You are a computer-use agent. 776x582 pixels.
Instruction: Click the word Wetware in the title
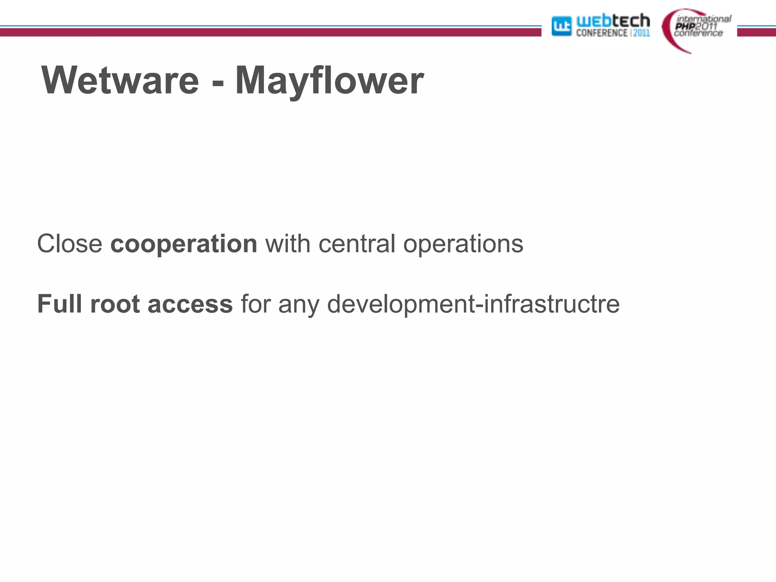pyautogui.click(x=120, y=80)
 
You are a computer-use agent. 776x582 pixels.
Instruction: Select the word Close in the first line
pyautogui.click(x=70, y=243)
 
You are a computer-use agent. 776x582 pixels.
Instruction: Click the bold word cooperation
pyautogui.click(x=184, y=244)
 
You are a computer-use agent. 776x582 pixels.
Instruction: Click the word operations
pyautogui.click(x=463, y=244)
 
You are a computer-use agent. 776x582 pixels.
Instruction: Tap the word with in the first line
pyautogui.click(x=288, y=243)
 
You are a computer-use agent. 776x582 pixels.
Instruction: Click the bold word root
pyautogui.click(x=115, y=304)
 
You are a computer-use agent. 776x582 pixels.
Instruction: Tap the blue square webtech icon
pyautogui.click(x=561, y=26)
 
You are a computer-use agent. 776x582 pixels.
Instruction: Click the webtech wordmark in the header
pyautogui.click(x=613, y=20)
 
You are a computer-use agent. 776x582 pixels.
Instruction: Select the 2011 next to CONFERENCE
pyautogui.click(x=641, y=33)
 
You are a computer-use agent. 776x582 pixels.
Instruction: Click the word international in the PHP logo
pyautogui.click(x=704, y=19)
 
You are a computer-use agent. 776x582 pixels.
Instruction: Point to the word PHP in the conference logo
pyautogui.click(x=685, y=26)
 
